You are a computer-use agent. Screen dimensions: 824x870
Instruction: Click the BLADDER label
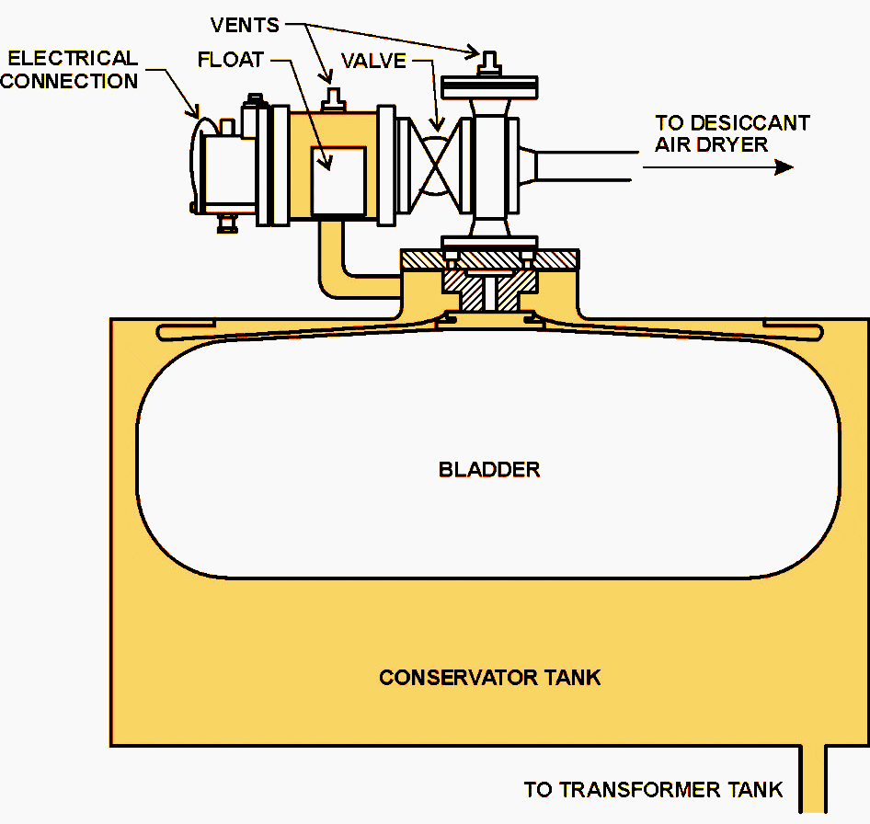pyautogui.click(x=488, y=470)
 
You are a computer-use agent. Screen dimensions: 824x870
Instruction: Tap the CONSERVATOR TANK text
pyautogui.click(x=489, y=678)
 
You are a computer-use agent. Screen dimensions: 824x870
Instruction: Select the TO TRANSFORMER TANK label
pyautogui.click(x=653, y=789)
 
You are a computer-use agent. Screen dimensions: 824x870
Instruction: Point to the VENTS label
pyautogui.click(x=245, y=26)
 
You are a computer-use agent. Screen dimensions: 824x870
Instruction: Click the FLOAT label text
pyautogui.click(x=230, y=61)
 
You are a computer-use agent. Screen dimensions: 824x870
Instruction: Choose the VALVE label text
pyautogui.click(x=373, y=62)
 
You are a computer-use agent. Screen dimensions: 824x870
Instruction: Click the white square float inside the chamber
pyautogui.click(x=338, y=180)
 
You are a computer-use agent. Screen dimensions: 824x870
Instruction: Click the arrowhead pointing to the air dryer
pyautogui.click(x=783, y=167)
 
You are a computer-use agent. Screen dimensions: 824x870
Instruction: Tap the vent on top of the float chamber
pyautogui.click(x=334, y=96)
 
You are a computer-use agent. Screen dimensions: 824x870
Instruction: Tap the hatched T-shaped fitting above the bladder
pyautogui.click(x=487, y=285)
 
